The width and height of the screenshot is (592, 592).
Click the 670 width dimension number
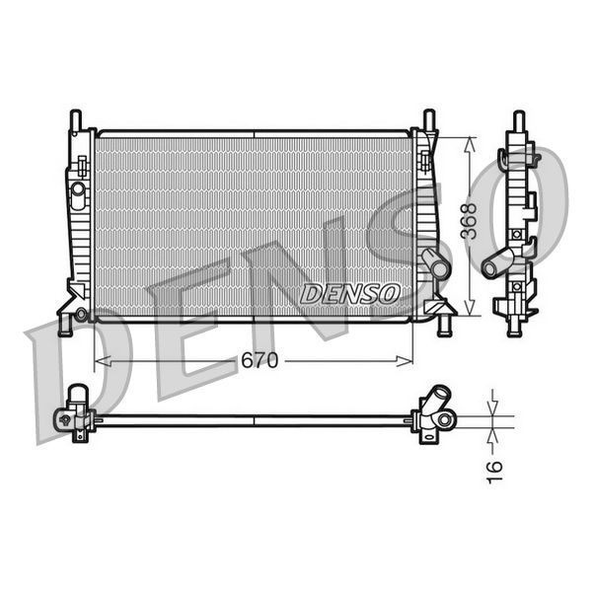[259, 361]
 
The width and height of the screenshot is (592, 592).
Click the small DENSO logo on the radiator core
[349, 294]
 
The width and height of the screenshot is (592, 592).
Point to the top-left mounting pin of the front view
[75, 119]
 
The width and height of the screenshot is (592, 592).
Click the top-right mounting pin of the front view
[429, 119]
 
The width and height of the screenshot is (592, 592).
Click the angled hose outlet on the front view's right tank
[434, 263]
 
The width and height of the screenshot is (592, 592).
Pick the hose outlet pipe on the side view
[498, 261]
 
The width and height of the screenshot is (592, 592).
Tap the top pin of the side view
[517, 122]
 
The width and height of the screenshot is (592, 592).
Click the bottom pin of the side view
[514, 326]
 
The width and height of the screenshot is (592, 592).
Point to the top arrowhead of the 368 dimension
[471, 140]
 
